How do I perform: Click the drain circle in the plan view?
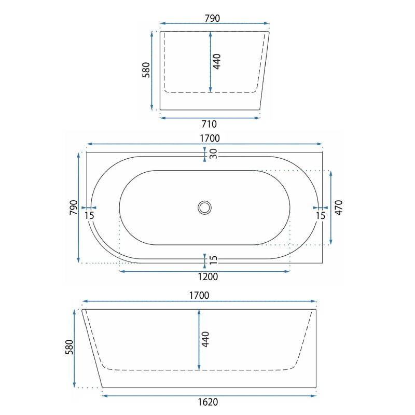click(x=204, y=208)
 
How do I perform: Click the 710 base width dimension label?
click(x=209, y=124)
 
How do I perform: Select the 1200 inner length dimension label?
click(x=208, y=276)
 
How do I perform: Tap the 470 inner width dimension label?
click(x=339, y=208)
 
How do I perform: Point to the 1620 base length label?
click(x=208, y=402)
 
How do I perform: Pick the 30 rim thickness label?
click(x=213, y=154)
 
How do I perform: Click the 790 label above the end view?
click(x=212, y=18)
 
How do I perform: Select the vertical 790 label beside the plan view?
click(x=74, y=208)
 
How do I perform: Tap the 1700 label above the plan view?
click(x=210, y=138)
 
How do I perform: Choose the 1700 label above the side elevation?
click(x=199, y=295)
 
